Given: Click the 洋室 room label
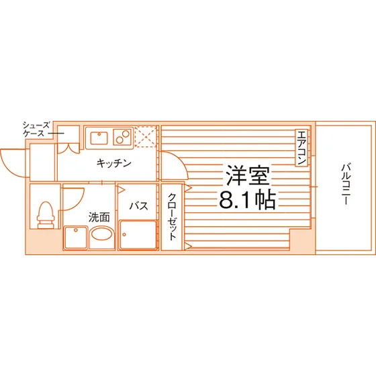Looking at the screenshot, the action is [x=248, y=175].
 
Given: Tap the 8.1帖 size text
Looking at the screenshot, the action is [x=247, y=200].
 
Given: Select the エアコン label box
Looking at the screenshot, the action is [x=301, y=148].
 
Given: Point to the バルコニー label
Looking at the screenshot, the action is [x=346, y=184].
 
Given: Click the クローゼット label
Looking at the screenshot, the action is [x=173, y=216].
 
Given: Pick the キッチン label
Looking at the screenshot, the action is [x=114, y=163].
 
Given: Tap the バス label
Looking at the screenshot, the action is [x=138, y=205].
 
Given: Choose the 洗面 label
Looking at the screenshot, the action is [x=99, y=218].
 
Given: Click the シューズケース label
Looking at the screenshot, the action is [x=36, y=129].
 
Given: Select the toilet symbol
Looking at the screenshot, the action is [x=46, y=215].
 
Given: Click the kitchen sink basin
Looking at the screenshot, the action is [x=99, y=138].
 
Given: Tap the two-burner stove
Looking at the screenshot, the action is [x=122, y=137].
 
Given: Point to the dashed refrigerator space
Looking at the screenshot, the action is [x=146, y=136].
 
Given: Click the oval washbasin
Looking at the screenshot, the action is [x=101, y=234].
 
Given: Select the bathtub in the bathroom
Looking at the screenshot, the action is [x=138, y=235].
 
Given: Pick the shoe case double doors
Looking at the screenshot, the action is [x=68, y=148].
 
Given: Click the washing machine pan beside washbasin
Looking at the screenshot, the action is [x=75, y=238].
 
